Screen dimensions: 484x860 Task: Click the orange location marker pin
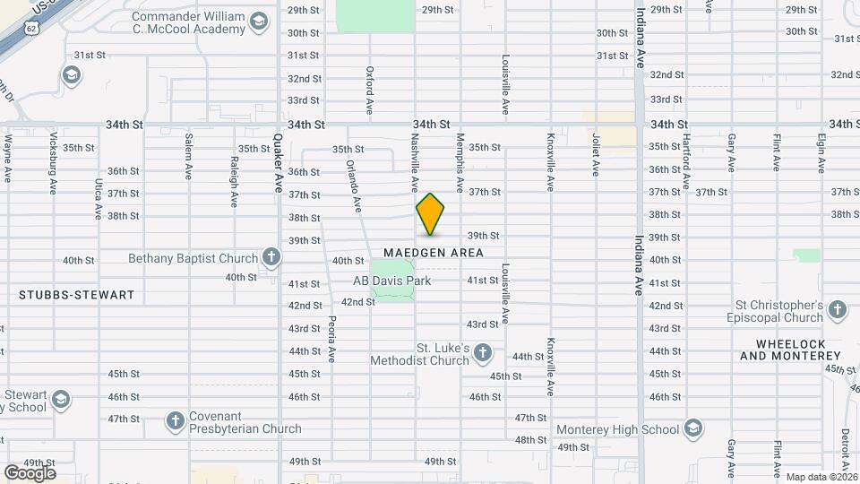tap(430, 214)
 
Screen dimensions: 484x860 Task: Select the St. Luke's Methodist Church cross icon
tap(483, 352)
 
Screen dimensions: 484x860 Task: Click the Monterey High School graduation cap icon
tap(692, 429)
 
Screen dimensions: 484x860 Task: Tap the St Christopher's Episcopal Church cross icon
tap(837, 310)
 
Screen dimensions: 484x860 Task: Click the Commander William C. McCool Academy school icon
tap(258, 22)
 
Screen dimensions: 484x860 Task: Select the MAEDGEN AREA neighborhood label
tap(434, 253)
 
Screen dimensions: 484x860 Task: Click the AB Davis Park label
tap(391, 281)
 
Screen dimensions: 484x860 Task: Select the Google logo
tap(29, 472)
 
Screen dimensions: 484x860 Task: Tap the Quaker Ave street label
tap(278, 155)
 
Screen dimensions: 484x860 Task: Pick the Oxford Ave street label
tap(369, 90)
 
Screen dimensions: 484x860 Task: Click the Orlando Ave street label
tap(354, 186)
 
